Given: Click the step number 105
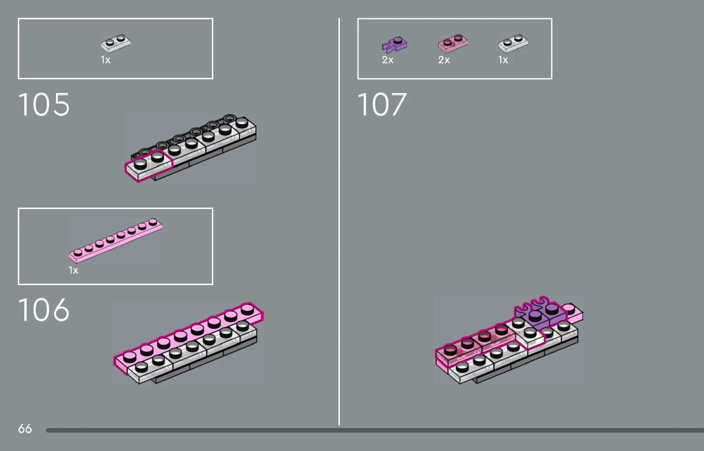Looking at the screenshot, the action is [x=44, y=104].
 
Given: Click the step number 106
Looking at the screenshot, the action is [x=44, y=310].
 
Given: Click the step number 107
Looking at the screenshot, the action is [x=382, y=104].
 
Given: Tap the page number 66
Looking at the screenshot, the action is [x=25, y=429].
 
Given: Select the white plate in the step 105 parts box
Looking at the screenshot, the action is [x=116, y=44].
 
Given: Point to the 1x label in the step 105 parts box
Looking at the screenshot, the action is [x=105, y=60].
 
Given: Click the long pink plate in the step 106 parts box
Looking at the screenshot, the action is [x=116, y=241].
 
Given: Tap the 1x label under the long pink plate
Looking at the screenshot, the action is [x=73, y=270].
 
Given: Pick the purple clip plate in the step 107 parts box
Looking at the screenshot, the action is [x=394, y=44].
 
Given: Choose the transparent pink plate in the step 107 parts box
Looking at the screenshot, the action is [x=453, y=44].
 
